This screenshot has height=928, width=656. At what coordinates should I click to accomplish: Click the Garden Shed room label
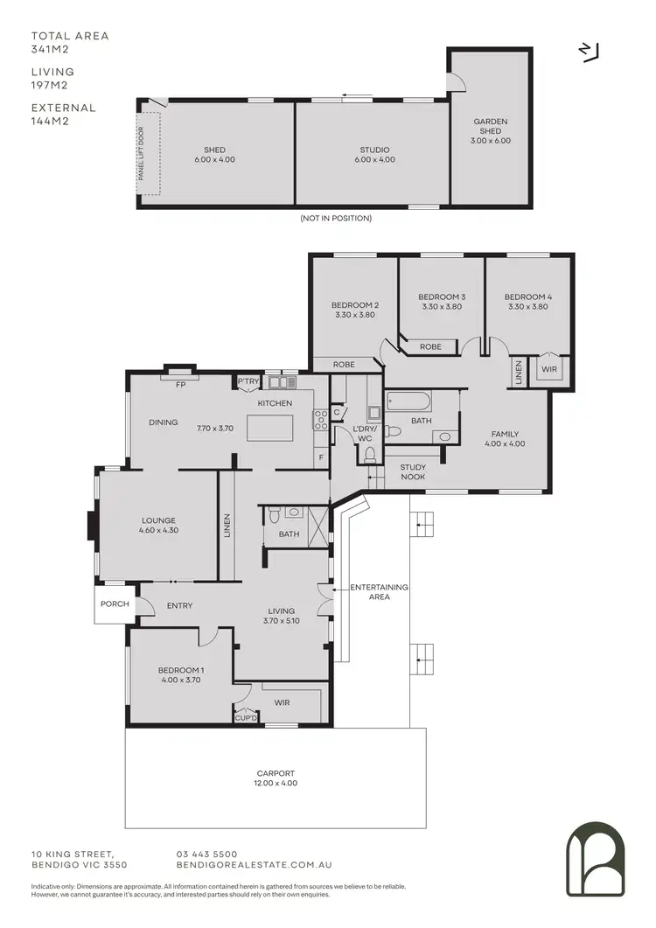coord(491,131)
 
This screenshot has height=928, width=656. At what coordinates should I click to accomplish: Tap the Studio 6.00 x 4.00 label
coord(374,155)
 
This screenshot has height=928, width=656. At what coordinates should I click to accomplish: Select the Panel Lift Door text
coord(140,154)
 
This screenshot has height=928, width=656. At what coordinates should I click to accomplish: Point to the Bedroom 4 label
coord(528,302)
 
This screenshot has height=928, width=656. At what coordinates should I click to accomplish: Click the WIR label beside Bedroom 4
coord(550,370)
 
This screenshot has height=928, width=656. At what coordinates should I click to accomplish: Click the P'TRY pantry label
coord(248,381)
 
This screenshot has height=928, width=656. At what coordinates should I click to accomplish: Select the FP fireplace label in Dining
coord(180,384)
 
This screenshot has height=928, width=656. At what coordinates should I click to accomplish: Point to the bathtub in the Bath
coord(408,403)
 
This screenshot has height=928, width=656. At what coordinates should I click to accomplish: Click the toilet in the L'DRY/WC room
coord(370,454)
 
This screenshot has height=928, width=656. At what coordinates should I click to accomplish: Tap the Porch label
coord(115,604)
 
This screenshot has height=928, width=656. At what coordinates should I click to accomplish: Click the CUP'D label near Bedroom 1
coord(246,718)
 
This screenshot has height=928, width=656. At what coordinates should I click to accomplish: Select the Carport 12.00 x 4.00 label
coord(276,778)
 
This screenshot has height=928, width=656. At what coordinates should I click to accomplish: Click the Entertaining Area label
coord(379,591)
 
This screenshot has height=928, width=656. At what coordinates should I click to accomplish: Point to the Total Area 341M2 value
coord(50,50)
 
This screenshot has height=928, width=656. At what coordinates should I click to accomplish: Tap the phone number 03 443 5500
coord(207,854)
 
